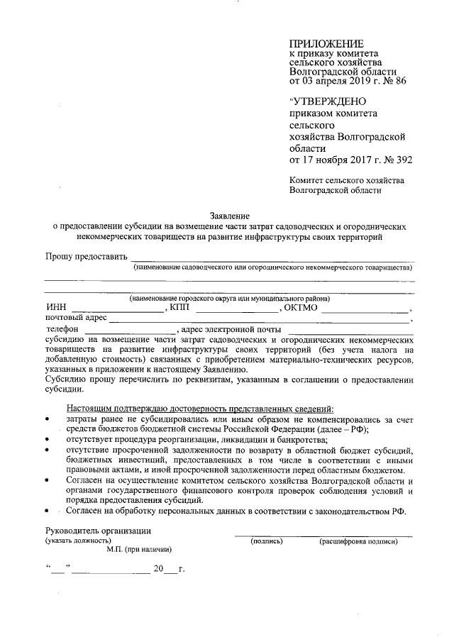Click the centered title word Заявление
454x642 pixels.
click(230, 215)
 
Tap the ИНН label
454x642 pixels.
click(55, 309)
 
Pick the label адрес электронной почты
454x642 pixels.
click(231, 330)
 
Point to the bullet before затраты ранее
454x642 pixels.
click(48, 421)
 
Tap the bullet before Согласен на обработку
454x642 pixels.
click(48, 511)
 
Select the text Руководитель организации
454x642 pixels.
click(98, 531)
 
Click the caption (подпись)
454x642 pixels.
click(267, 542)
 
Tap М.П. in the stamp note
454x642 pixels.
click(116, 550)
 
